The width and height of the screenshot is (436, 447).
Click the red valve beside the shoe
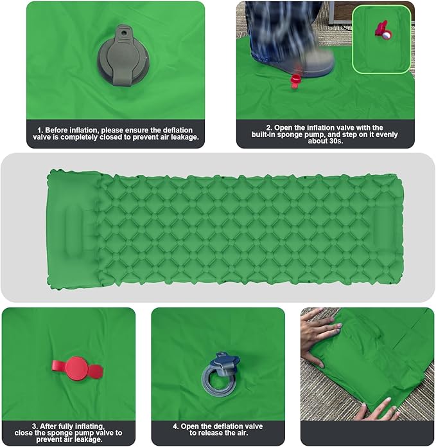296,79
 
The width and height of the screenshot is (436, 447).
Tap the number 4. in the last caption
175,426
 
